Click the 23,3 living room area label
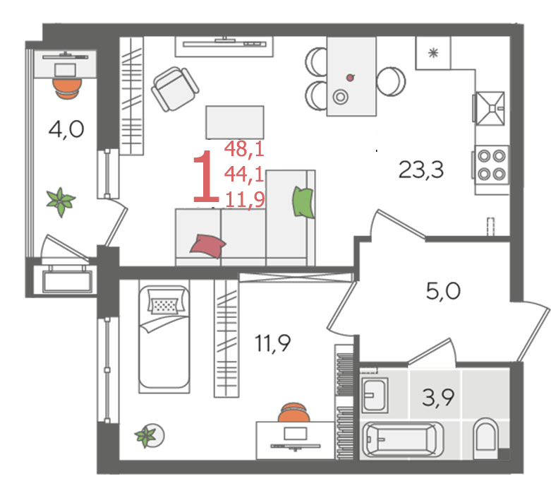pos(421,170)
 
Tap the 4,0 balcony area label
pos(66,129)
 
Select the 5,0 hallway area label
pos(443,292)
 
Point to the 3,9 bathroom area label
pos(438,398)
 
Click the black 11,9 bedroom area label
pos(273,343)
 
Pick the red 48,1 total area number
pos(244,148)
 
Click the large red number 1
pos(206,176)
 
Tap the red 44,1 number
pos(244,174)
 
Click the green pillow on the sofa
pos(303,202)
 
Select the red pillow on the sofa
pos(207,246)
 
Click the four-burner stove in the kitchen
pos(491,165)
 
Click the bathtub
pos(403,440)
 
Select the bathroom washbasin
pos(375,395)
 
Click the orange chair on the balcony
pos(67,88)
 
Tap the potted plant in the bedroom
pos(149,436)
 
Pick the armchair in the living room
pos(175,89)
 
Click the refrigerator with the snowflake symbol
pos(433,53)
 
